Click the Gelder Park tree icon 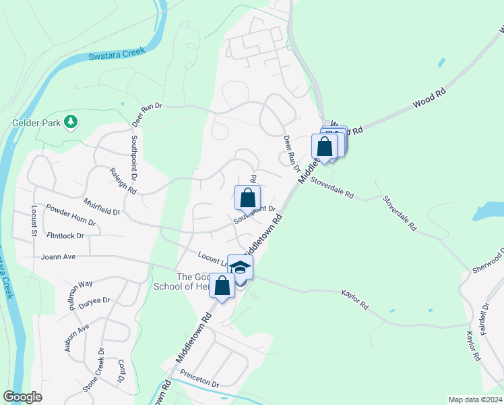click(x=70, y=122)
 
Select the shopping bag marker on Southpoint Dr click(x=247, y=198)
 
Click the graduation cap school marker click(x=240, y=267)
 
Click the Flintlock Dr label click(x=65, y=236)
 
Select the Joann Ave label click(x=58, y=256)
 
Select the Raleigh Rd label click(x=123, y=182)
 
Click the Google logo click(x=23, y=397)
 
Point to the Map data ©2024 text click(x=475, y=400)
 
